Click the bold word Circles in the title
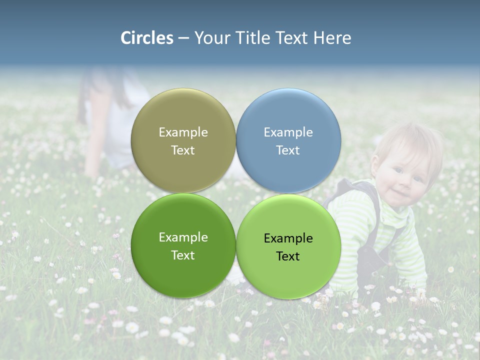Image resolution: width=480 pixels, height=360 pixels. [147, 38]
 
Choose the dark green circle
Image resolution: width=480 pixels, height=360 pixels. [183, 270]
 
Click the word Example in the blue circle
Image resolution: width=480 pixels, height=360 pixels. [288, 132]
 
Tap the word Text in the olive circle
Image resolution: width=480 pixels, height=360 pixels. [183, 150]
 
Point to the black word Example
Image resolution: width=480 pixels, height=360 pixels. [288, 238]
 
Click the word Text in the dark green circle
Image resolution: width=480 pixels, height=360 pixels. [183, 255]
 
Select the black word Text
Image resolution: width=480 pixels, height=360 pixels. [288, 256]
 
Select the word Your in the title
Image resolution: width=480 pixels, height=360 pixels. [209, 38]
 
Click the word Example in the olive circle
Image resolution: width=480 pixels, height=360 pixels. [183, 132]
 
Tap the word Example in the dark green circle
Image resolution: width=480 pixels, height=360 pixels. [183, 237]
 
